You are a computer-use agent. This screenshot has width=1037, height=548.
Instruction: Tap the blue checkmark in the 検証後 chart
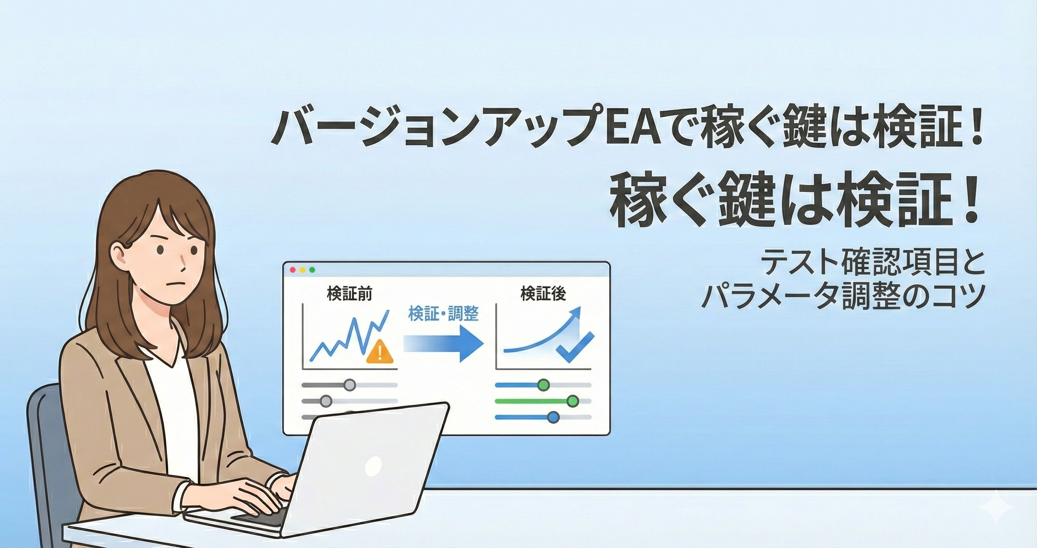pyautogui.click(x=575, y=347)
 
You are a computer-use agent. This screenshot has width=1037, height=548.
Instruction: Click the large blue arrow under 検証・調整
pyautogui.click(x=443, y=344)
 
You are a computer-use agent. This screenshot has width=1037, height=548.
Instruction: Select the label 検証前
pyautogui.click(x=350, y=294)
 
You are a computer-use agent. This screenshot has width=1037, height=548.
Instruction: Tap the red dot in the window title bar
pyautogui.click(x=293, y=270)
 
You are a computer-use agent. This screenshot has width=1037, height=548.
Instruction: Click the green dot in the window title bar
pyautogui.click(x=312, y=270)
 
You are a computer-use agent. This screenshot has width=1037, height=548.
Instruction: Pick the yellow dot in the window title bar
pyautogui.click(x=302, y=270)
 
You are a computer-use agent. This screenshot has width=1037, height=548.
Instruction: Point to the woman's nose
pyautogui.click(x=183, y=266)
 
